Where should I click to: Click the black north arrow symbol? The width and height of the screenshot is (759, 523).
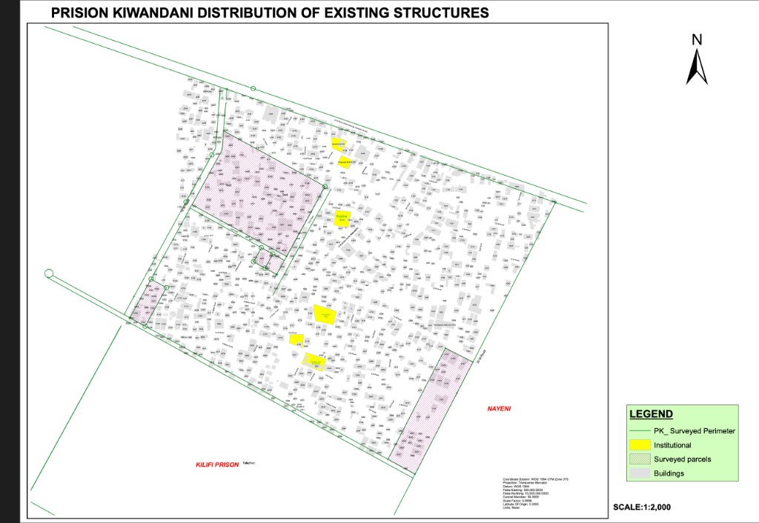[697, 67]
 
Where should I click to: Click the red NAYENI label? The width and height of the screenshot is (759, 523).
[500, 409]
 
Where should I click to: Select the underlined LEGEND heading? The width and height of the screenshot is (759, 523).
[651, 414]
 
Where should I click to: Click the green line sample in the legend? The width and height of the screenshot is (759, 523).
[639, 430]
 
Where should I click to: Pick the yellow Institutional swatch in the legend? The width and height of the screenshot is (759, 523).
[639, 445]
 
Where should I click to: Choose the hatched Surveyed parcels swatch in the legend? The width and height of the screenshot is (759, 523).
[639, 459]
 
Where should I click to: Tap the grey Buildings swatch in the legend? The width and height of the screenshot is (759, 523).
[639, 473]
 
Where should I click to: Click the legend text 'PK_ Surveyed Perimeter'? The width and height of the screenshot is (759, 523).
[694, 430]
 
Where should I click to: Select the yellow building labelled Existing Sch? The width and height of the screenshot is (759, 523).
[342, 219]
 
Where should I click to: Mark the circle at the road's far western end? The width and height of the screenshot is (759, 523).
[49, 273]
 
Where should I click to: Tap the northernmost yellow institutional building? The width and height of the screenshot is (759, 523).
[338, 144]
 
